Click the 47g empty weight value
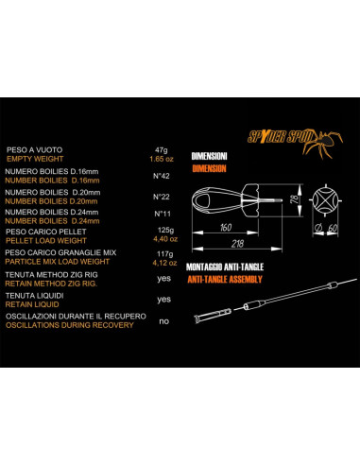(160, 150)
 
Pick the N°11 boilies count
(161, 215)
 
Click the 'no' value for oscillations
(163, 320)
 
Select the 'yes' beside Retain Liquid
(163, 299)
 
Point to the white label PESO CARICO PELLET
(40, 232)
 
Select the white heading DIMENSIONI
(210, 155)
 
